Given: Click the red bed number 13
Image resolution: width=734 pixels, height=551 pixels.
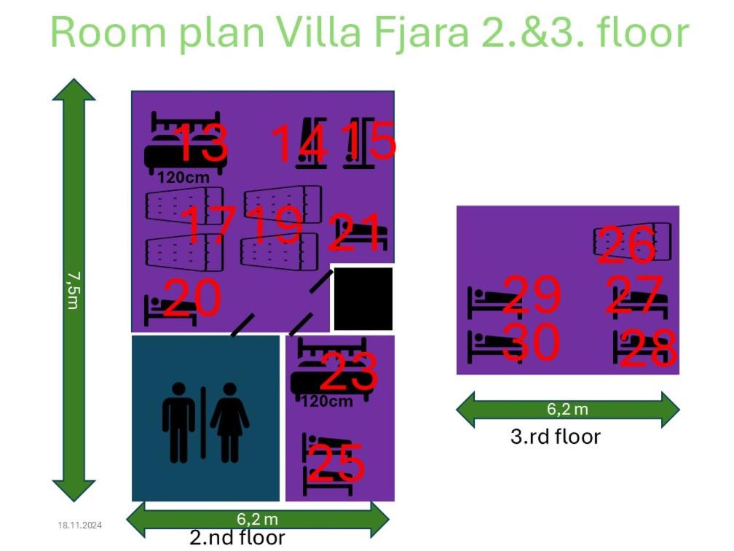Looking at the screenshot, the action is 201,142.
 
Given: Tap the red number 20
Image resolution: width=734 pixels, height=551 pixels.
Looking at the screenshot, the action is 192,297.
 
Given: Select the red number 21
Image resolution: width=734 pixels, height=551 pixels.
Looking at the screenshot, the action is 355,232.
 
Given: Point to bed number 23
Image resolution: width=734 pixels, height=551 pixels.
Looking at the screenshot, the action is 349,372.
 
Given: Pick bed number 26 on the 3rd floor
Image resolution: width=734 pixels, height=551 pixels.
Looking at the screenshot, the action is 626,245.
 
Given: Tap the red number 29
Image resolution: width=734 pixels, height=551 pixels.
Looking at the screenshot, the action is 532,294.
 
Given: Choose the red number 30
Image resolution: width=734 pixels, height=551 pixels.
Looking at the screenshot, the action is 532,342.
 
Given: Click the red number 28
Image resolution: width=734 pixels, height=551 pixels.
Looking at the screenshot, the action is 648,348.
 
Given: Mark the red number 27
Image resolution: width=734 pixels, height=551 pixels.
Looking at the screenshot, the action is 634,294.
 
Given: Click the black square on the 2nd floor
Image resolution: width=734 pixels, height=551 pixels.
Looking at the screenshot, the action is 363,299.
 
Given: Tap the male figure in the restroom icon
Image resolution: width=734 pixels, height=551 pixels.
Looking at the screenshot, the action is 178,423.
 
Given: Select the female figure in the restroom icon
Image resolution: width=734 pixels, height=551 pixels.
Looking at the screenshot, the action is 229,423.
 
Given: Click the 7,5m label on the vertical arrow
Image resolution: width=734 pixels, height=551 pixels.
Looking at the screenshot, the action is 73,291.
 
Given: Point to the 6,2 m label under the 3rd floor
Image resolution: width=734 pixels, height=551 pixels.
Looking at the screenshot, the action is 567,409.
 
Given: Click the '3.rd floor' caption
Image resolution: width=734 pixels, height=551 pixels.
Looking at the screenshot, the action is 555,437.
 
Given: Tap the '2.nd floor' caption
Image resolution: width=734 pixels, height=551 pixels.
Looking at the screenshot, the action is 237,537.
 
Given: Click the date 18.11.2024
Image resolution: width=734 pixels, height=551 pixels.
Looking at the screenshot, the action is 79,525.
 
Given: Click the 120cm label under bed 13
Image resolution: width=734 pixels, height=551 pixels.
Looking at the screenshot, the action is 183,178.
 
